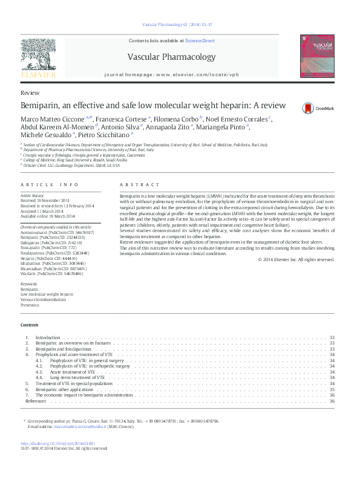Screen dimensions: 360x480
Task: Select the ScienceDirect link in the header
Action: point(200,41)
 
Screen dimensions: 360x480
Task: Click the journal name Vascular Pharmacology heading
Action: point(171,57)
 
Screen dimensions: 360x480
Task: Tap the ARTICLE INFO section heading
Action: point(50,184)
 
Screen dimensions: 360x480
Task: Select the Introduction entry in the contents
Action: point(48,337)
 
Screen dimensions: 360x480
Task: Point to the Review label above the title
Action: point(30,93)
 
